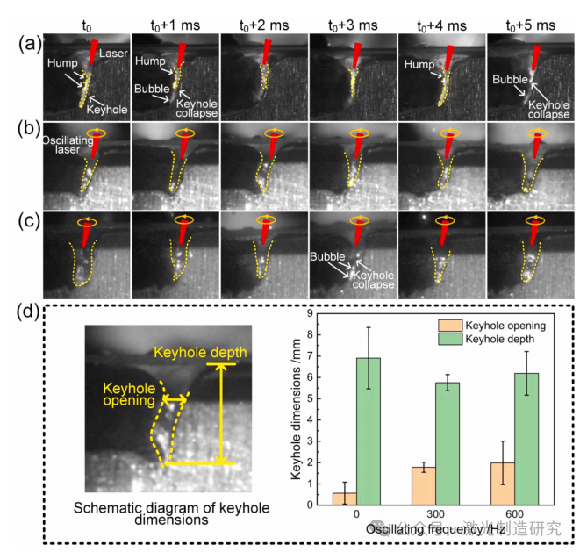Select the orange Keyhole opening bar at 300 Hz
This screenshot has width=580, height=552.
(425, 485)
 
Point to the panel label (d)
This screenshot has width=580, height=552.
(21, 312)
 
